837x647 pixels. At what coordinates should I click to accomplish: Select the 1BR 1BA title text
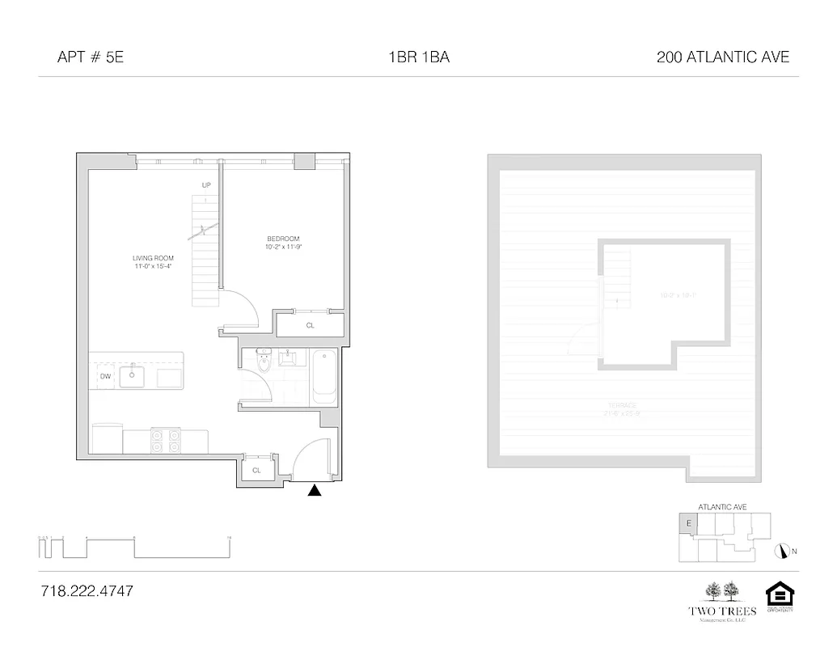point(418,57)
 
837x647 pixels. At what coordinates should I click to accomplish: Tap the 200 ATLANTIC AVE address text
point(723,57)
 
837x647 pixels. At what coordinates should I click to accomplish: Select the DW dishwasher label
point(105,376)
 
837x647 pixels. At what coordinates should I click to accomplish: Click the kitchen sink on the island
point(132,376)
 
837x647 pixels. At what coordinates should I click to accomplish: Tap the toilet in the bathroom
point(264,363)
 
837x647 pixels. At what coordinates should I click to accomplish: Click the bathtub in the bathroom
point(324,377)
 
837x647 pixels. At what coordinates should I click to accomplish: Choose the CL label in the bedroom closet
point(310,325)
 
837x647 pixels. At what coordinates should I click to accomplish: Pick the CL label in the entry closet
point(257,470)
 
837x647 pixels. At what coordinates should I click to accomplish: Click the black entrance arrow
point(315,489)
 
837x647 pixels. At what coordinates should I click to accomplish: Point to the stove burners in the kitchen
point(164,441)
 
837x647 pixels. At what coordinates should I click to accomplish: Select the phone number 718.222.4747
point(87,591)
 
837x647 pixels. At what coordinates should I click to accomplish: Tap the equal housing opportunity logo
point(780,598)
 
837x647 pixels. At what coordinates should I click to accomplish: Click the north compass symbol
point(781,551)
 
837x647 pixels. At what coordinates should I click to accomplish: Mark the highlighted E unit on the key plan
point(687,523)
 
